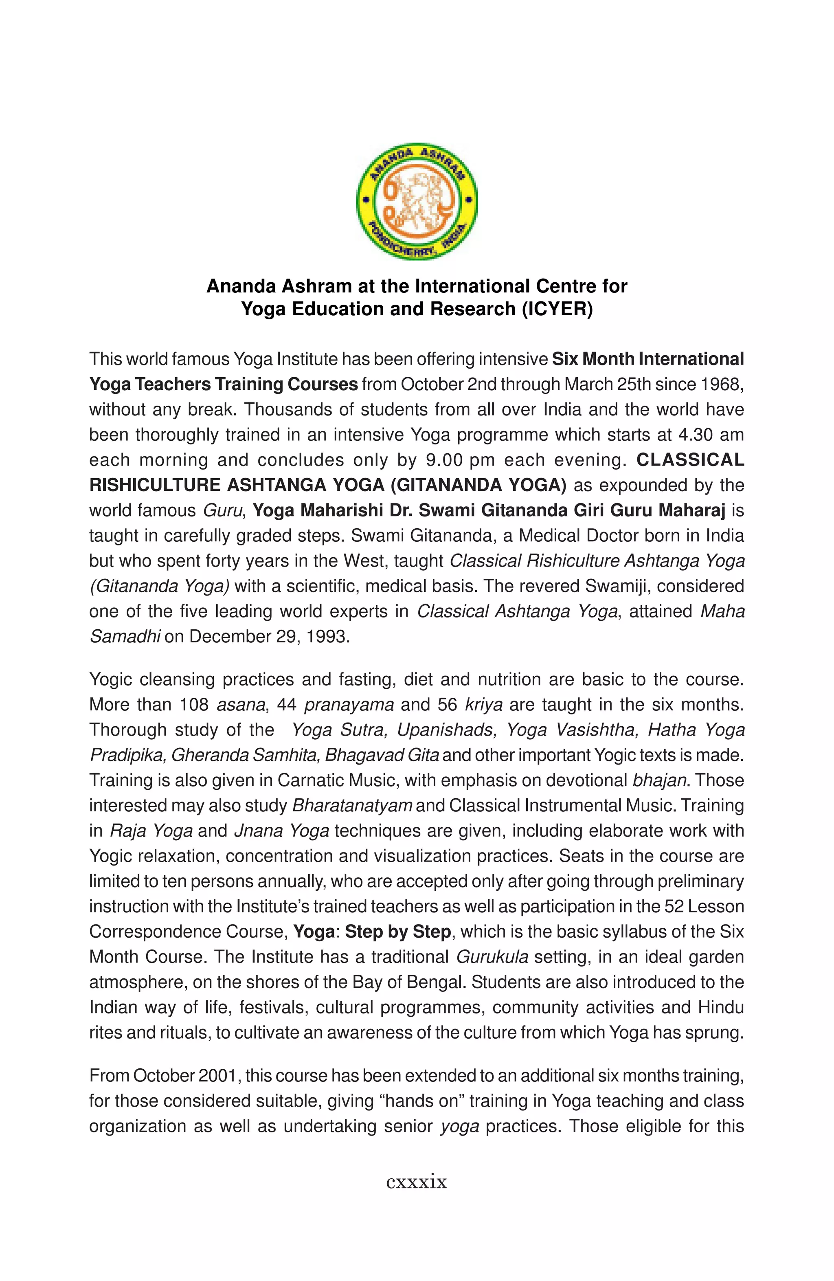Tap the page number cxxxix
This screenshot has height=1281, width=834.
(x=417, y=1182)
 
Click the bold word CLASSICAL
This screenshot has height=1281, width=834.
(x=690, y=459)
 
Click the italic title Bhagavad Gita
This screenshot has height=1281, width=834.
(x=382, y=755)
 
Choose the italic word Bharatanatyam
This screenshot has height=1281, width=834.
(x=352, y=806)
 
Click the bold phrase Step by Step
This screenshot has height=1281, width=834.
(x=397, y=932)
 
